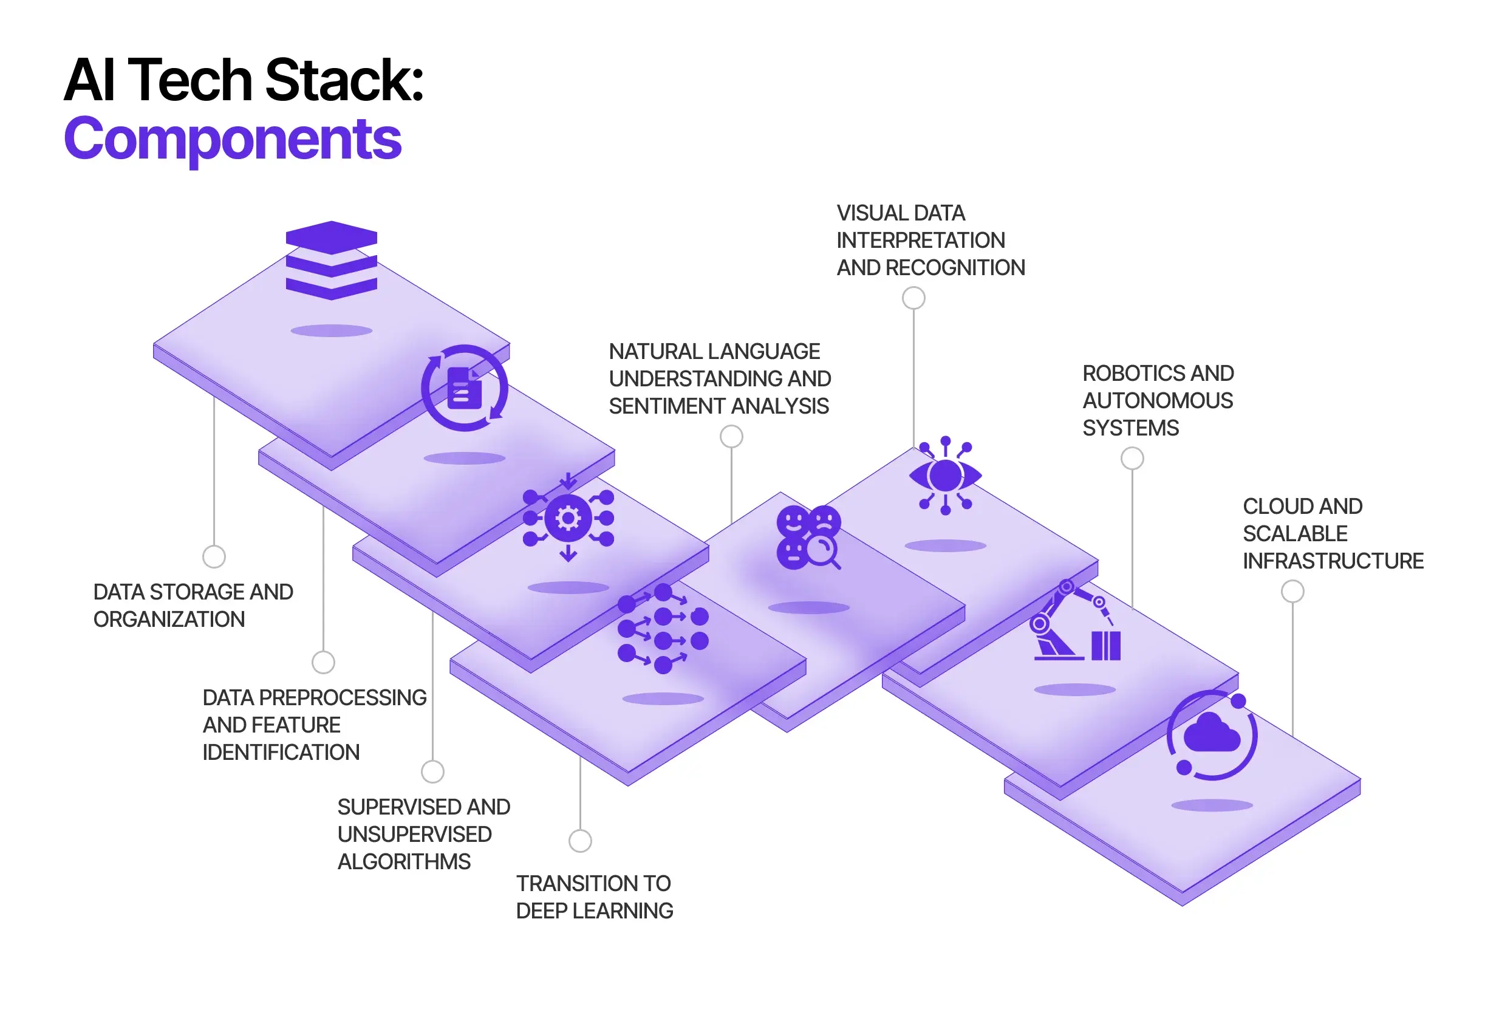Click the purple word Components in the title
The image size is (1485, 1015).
(x=233, y=138)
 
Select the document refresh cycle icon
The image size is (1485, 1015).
(x=465, y=388)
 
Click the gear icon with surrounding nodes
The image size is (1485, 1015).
(x=568, y=518)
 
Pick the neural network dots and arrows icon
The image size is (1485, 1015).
(x=663, y=628)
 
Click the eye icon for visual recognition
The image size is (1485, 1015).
(x=945, y=476)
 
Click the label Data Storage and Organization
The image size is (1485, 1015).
(x=193, y=605)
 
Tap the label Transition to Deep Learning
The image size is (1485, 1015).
(x=594, y=897)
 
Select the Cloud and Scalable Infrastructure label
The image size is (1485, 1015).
(x=1333, y=533)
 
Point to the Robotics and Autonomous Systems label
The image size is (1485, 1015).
(x=1157, y=400)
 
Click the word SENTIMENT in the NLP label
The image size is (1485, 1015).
(x=663, y=406)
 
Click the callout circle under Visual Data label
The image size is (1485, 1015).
(x=913, y=298)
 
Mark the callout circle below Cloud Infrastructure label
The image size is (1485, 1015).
(x=1292, y=591)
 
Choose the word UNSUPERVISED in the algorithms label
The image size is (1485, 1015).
(x=415, y=834)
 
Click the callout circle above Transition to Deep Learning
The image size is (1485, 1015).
(x=579, y=841)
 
